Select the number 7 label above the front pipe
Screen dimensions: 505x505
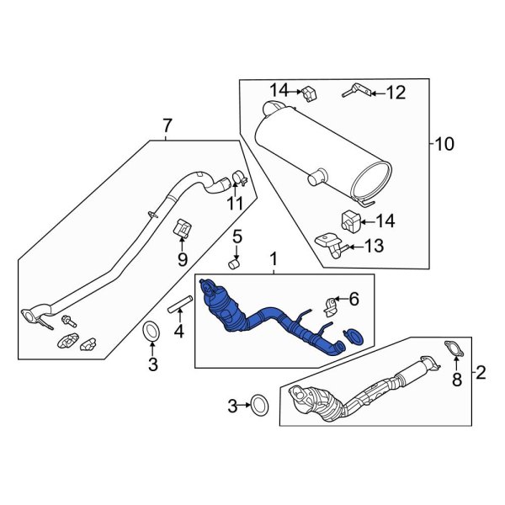pos(167,126)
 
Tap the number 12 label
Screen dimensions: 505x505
pos(396,93)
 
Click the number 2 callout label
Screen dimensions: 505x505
pos(481,371)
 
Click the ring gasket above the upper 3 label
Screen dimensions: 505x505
pos(152,332)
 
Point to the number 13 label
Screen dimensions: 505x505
pos(374,247)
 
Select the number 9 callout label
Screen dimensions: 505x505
pos(182,259)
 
